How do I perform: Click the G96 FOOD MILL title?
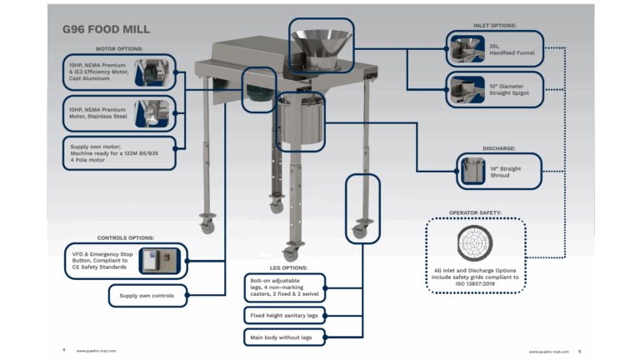point(107,30)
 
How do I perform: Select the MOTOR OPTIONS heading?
point(119,49)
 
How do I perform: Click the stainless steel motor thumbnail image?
point(152,114)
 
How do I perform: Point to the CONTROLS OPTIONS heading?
point(124,237)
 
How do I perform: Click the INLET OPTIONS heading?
point(495,25)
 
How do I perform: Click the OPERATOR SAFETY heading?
point(474,212)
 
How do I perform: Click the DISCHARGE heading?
point(499,150)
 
